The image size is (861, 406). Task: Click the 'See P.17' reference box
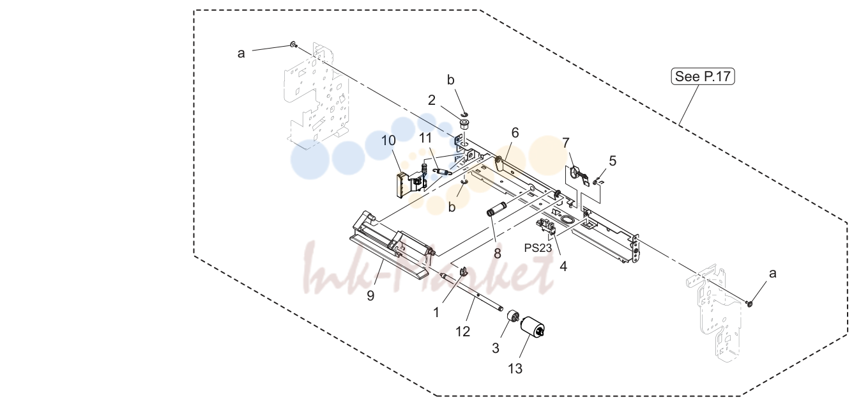pyautogui.click(x=703, y=76)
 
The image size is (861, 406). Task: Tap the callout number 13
pyautogui.click(x=515, y=369)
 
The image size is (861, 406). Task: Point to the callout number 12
pyautogui.click(x=463, y=331)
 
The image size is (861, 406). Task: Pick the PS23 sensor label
pyautogui.click(x=538, y=248)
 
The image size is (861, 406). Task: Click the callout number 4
pyautogui.click(x=563, y=267)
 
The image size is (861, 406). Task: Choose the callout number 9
pyautogui.click(x=370, y=295)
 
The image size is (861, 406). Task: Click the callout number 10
pyautogui.click(x=388, y=141)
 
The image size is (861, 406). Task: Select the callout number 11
pyautogui.click(x=425, y=137)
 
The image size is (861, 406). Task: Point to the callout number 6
pyautogui.click(x=515, y=133)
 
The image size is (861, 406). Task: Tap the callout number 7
pyautogui.click(x=565, y=143)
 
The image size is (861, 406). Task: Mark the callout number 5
pyautogui.click(x=613, y=161)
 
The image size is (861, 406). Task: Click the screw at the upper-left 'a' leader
pyautogui.click(x=294, y=45)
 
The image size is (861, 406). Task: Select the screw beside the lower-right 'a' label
pyautogui.click(x=749, y=304)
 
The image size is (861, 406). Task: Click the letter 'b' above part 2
pyautogui.click(x=450, y=80)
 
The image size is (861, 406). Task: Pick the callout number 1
pyautogui.click(x=436, y=313)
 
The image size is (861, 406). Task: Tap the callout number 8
pyautogui.click(x=498, y=254)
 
